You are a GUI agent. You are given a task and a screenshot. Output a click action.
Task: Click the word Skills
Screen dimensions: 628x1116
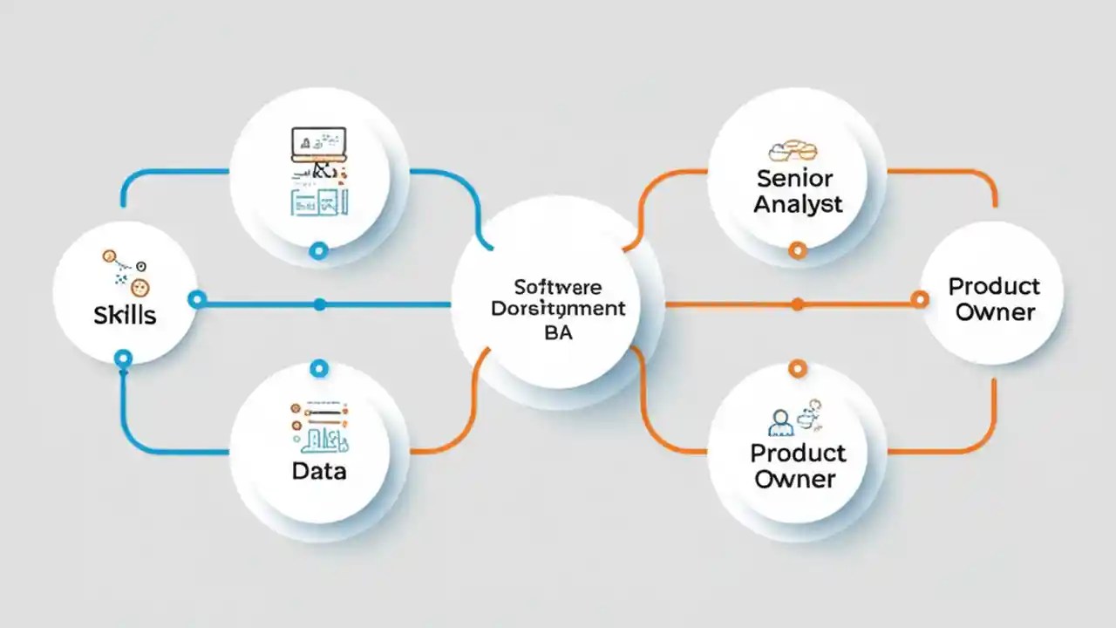click(x=125, y=315)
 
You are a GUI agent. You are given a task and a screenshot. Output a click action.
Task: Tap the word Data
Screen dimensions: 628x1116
click(x=319, y=471)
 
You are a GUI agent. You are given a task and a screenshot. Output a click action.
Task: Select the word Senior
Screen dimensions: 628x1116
click(x=795, y=179)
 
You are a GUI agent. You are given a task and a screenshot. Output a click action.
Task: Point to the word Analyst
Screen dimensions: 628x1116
click(x=799, y=205)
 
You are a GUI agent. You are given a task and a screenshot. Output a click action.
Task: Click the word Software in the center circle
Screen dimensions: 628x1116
click(x=558, y=287)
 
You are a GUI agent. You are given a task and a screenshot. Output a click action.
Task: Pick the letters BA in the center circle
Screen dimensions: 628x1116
click(x=558, y=333)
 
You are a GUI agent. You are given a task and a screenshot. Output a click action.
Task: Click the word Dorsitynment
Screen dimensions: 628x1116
click(x=558, y=309)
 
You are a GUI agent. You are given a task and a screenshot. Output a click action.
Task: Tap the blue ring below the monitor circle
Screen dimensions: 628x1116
click(x=319, y=251)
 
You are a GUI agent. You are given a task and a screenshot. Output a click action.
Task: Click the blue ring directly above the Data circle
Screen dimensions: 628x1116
click(x=319, y=369)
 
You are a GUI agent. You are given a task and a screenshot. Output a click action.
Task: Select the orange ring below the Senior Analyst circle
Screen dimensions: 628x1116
click(x=797, y=251)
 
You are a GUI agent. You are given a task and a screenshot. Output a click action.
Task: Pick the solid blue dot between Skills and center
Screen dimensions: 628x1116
click(x=319, y=304)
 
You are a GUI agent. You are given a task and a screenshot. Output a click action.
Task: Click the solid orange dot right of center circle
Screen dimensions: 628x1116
click(x=797, y=304)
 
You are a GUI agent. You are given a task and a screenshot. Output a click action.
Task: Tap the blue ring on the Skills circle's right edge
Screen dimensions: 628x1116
click(x=197, y=300)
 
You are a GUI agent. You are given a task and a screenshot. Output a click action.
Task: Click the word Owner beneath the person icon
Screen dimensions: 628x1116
click(x=795, y=479)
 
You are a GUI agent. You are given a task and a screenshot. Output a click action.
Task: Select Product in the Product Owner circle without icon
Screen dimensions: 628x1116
click(x=994, y=286)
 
